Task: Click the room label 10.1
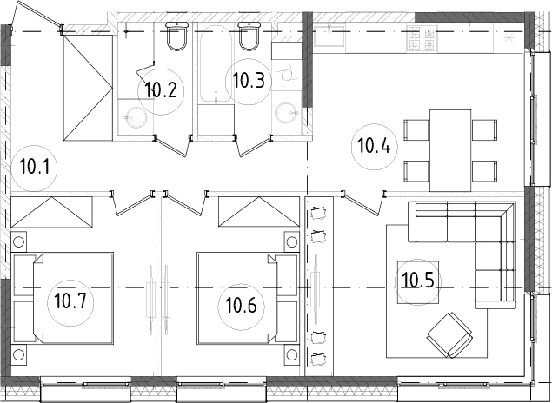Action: pyautogui.click(x=34, y=167)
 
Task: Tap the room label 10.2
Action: pyautogui.click(x=161, y=90)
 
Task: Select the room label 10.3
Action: pyautogui.click(x=249, y=81)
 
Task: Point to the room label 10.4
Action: pyautogui.click(x=374, y=145)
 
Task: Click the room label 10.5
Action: pyautogui.click(x=417, y=281)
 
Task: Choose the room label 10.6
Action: pyautogui.click(x=241, y=305)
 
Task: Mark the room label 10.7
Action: pyautogui.click(x=70, y=301)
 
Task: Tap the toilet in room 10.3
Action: pyautogui.click(x=249, y=36)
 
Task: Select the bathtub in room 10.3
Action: pyautogui.click(x=216, y=64)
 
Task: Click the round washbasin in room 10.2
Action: pyautogui.click(x=136, y=117)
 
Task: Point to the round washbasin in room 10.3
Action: pyautogui.click(x=287, y=113)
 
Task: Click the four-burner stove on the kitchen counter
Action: pyautogui.click(x=422, y=39)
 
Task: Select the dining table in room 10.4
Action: pyautogui.click(x=450, y=150)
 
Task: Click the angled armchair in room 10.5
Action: pyautogui.click(x=449, y=335)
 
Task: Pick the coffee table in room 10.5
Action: pyautogui.click(x=418, y=282)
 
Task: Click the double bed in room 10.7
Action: pyautogui.click(x=63, y=298)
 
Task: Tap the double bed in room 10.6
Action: pyautogui.click(x=248, y=298)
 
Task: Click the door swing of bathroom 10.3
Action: pyautogui.click(x=254, y=146)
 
